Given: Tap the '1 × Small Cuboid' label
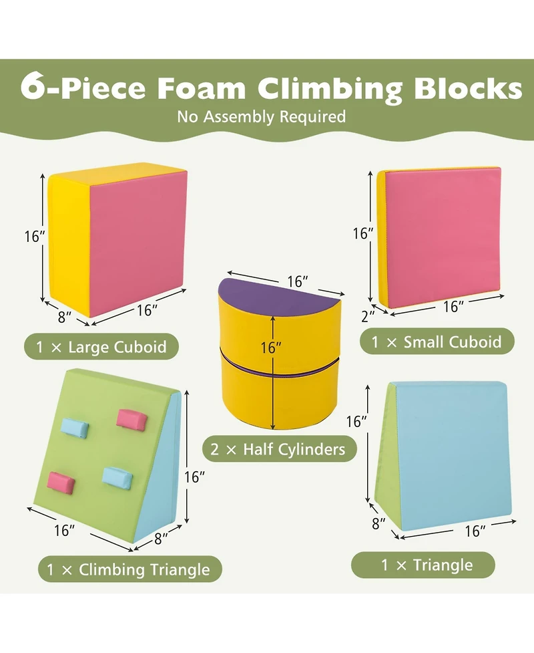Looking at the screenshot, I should coord(437,342).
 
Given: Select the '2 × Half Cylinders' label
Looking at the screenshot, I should coord(280,448).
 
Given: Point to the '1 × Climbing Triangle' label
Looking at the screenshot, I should coord(128,569).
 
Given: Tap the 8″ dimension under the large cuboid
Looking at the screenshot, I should coord(64,318).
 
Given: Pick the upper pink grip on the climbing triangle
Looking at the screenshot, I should coord(131,419).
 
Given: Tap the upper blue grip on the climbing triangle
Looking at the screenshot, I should coord(75,426).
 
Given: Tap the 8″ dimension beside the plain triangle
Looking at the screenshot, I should coord(378,523).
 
